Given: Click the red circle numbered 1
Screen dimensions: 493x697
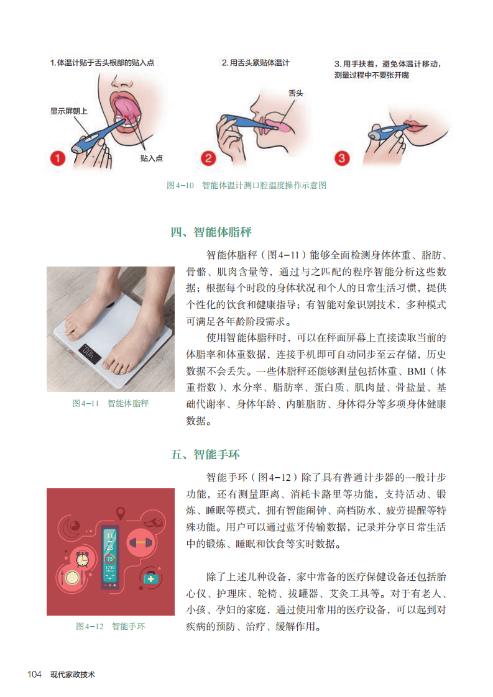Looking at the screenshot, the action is pyautogui.click(x=57, y=158).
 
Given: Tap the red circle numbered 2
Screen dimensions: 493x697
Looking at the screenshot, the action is pyautogui.click(x=208, y=158).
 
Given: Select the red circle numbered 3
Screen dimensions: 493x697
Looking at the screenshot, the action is pyautogui.click(x=342, y=158).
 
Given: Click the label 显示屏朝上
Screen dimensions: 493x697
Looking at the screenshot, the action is pyautogui.click(x=69, y=111).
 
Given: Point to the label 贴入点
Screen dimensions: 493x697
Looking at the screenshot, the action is pyautogui.click(x=151, y=158).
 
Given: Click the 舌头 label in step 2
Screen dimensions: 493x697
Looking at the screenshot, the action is pyautogui.click(x=296, y=93).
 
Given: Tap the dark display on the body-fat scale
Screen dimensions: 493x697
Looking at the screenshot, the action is pyautogui.click(x=90, y=353).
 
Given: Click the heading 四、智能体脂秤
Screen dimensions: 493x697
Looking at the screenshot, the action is pyautogui.click(x=211, y=232).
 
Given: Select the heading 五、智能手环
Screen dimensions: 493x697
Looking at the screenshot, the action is pyautogui.click(x=205, y=455).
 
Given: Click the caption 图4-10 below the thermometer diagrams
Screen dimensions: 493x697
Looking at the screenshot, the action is pyautogui.click(x=180, y=185).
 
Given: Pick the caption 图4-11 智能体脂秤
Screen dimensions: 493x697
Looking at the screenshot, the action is pyautogui.click(x=110, y=403).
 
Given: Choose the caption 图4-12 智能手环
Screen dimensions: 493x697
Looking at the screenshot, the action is pyautogui.click(x=110, y=626).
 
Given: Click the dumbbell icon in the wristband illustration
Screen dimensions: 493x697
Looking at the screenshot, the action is pyautogui.click(x=140, y=542).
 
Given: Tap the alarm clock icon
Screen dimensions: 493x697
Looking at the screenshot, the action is pyautogui.click(x=82, y=558).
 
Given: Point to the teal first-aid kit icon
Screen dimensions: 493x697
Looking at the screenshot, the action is pyautogui.click(x=150, y=578).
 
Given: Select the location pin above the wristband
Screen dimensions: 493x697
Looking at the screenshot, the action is pyautogui.click(x=120, y=513).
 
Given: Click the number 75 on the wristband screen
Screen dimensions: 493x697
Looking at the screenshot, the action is pyautogui.click(x=110, y=558).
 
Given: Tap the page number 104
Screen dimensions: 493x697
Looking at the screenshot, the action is pyautogui.click(x=34, y=675).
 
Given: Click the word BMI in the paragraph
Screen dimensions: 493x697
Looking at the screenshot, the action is pyautogui.click(x=416, y=371).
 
